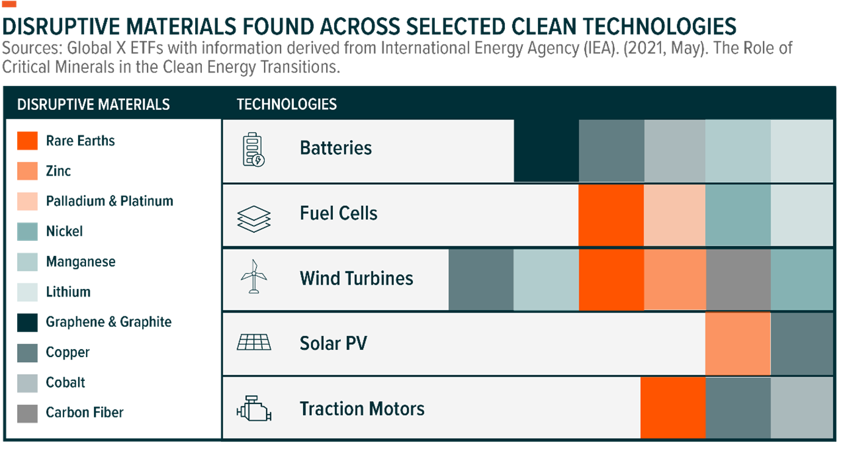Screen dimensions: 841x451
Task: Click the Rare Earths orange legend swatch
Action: [27, 141]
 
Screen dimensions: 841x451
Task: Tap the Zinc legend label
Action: [58, 171]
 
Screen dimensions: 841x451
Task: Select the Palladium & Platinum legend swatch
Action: [27, 201]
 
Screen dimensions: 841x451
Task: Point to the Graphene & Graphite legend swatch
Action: [27, 322]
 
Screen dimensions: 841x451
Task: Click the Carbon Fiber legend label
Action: [85, 413]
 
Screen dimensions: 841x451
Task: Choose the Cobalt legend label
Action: [65, 382]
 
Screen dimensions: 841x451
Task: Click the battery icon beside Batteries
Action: [254, 149]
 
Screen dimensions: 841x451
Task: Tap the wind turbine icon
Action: [254, 277]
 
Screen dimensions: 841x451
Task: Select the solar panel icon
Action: [254, 342]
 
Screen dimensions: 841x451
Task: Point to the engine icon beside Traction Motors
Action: [254, 408]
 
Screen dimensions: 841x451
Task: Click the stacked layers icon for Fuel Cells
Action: [254, 219]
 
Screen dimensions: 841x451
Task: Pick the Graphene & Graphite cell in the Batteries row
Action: [546, 151]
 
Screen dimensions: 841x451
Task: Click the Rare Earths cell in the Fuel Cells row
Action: [611, 215]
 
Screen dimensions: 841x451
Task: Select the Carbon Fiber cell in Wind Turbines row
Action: [738, 280]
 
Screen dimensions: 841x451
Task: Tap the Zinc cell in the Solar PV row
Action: [738, 344]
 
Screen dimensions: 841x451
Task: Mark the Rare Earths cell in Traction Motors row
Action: [673, 408]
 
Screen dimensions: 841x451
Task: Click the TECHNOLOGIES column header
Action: [287, 104]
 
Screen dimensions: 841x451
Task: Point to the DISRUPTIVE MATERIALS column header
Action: [93, 104]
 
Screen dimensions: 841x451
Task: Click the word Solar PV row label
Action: [333, 343]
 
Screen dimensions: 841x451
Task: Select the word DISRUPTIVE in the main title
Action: [61, 27]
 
